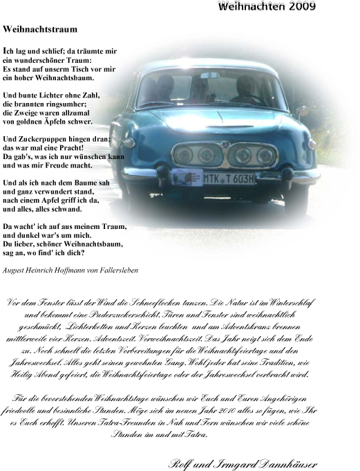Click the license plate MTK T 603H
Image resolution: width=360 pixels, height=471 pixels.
[229, 178]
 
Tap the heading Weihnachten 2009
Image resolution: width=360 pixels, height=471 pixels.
[267, 7]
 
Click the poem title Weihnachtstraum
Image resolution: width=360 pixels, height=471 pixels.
[40, 30]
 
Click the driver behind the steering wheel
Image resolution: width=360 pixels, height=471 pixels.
[247, 88]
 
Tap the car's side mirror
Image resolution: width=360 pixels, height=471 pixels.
[302, 111]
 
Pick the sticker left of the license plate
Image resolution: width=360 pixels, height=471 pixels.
[186, 178]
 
